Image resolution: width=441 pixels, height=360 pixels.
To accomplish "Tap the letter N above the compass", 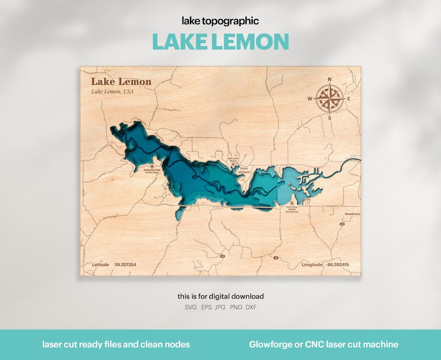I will pyautogui.click(x=330, y=79).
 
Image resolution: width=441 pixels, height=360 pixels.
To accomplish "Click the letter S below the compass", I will pyautogui.click(x=329, y=118).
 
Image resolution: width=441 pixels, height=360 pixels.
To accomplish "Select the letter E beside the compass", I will pyautogui.click(x=349, y=99).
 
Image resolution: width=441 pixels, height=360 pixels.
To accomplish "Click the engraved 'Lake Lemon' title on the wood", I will pyautogui.click(x=121, y=82).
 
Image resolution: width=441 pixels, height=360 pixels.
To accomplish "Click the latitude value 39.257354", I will pyautogui.click(x=126, y=265).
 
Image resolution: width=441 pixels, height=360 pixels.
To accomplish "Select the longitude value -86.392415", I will pyautogui.click(x=338, y=265).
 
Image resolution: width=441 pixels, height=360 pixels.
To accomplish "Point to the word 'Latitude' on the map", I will pyautogui.click(x=101, y=265).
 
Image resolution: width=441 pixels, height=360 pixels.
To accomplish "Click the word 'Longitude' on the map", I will pyautogui.click(x=312, y=265).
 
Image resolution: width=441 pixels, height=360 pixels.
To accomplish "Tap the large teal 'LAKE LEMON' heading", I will pyautogui.click(x=220, y=42).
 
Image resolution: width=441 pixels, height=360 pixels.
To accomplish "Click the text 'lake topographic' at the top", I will pyautogui.click(x=220, y=21).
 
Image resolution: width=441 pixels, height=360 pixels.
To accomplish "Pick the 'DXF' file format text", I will pyautogui.click(x=251, y=307).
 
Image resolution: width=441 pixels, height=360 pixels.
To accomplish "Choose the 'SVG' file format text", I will pyautogui.click(x=190, y=307).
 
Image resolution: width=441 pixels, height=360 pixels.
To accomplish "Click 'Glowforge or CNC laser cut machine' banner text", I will pyautogui.click(x=324, y=344).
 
